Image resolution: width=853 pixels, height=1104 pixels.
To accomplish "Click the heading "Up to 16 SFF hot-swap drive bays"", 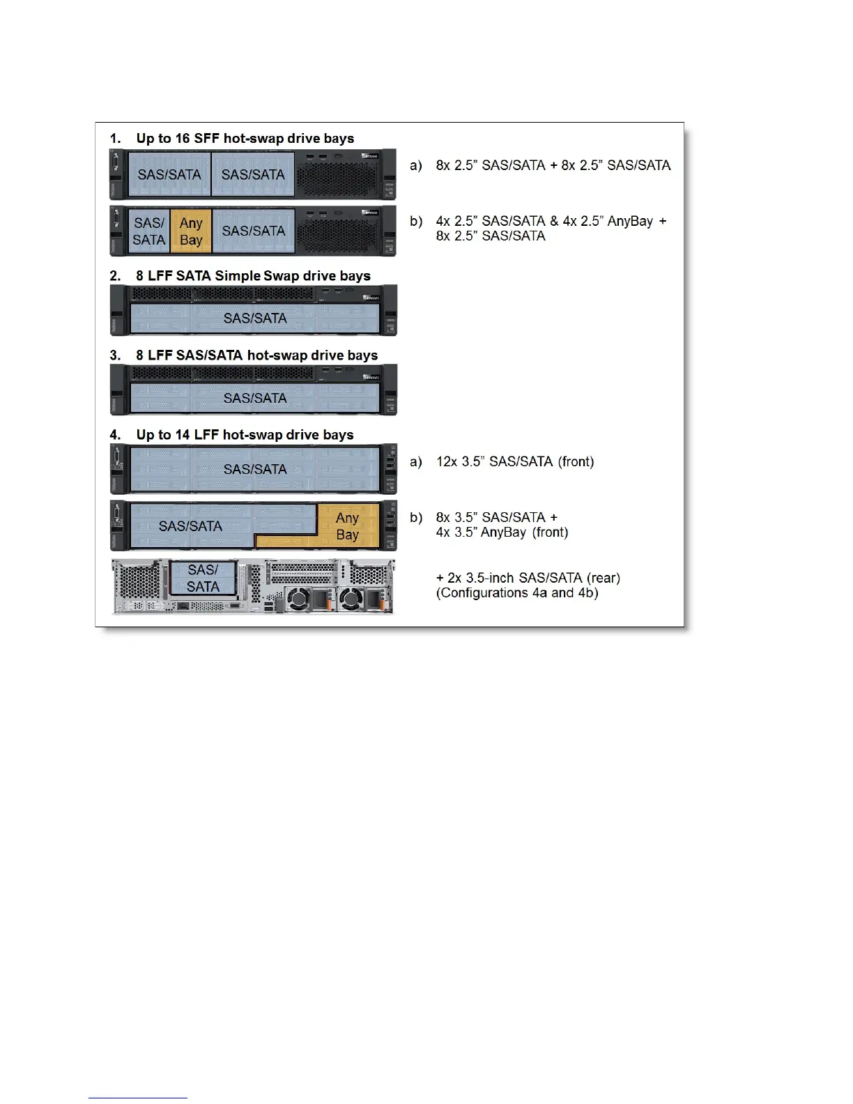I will (245, 138).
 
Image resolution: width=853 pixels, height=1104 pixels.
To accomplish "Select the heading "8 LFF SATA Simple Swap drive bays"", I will (253, 276).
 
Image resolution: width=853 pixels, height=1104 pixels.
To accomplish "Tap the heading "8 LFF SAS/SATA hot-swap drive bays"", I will (256, 355).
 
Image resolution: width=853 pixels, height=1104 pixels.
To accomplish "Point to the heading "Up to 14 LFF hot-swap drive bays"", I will (245, 435).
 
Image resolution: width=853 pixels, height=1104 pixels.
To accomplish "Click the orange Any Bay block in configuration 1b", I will (191, 231).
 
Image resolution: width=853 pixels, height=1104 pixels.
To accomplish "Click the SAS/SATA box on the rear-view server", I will (203, 578).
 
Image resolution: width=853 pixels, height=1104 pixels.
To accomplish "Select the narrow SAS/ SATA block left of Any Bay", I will (149, 231).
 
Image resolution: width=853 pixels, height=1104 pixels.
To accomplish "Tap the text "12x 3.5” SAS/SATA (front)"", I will (515, 461).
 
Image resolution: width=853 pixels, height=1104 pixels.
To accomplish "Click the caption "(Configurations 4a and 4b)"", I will (517, 593).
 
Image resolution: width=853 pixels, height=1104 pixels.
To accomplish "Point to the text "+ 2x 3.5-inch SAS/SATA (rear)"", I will (528, 578).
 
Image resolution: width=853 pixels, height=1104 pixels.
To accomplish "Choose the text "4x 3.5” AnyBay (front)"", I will (502, 532).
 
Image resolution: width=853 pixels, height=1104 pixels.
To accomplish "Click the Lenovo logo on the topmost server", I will (369, 156).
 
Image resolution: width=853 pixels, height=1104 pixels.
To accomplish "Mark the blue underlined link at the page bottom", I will (138, 1098).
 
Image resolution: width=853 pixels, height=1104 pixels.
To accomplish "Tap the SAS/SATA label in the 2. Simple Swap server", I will (255, 319).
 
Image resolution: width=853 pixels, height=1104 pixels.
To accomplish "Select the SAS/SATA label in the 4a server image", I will (255, 470).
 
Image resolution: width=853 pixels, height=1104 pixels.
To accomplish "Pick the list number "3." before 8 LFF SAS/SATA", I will (115, 355).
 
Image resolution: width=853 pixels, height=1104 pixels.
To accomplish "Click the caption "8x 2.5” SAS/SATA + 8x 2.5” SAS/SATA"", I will (553, 166).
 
